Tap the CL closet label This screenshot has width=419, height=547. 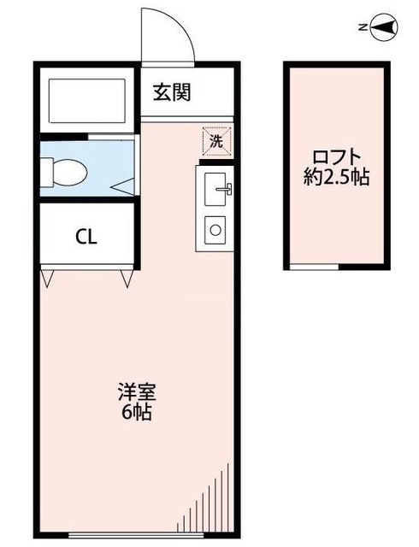point(86,237)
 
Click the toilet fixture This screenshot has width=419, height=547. point(65,172)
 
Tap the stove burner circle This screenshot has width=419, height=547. point(215,229)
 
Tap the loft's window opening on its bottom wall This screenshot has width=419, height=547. point(314,267)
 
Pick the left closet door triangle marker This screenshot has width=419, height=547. point(47,278)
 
